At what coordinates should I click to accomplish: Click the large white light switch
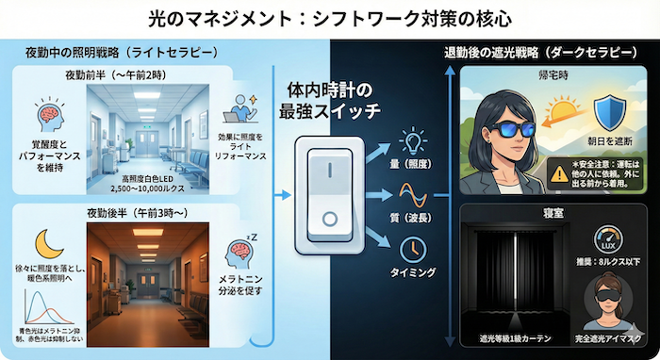coord(329,194)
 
